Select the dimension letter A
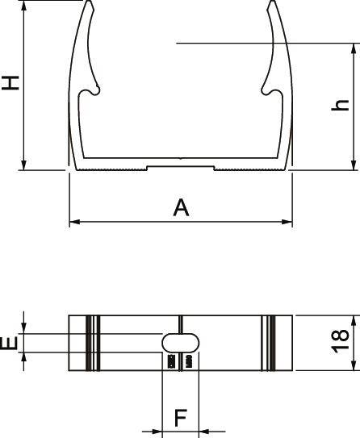(x=181, y=207)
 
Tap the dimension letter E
(x=9, y=344)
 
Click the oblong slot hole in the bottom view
(x=182, y=342)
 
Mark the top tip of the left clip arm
(x=90, y=2)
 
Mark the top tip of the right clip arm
(x=270, y=2)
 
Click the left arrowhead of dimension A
(x=73, y=220)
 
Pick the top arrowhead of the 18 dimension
(x=353, y=318)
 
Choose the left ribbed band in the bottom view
(x=92, y=342)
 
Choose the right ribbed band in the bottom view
(x=269, y=342)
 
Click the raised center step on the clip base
(x=180, y=167)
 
